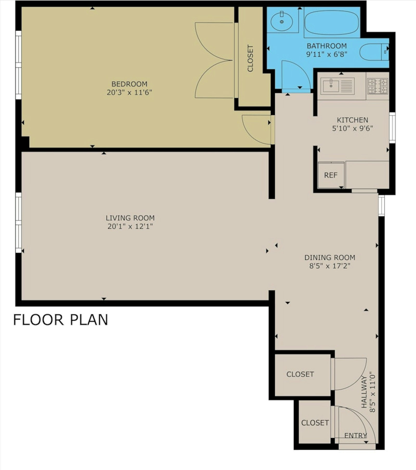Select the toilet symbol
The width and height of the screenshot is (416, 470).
pyautogui.click(x=373, y=52)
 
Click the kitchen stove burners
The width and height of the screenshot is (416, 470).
pyautogui.click(x=378, y=86)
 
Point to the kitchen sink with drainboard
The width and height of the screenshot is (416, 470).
pyautogui.click(x=337, y=86)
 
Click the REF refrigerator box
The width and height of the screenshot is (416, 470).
pyautogui.click(x=331, y=175)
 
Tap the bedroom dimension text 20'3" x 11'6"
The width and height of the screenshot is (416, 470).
pyautogui.click(x=129, y=92)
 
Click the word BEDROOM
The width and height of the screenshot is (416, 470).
pyautogui.click(x=129, y=84)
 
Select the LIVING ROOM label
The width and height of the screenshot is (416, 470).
pyautogui.click(x=130, y=218)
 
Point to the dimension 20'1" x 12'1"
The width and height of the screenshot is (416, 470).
pyautogui.click(x=130, y=226)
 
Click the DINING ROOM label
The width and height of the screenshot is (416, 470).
pyautogui.click(x=330, y=257)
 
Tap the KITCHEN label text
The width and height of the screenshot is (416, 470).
pyautogui.click(x=352, y=120)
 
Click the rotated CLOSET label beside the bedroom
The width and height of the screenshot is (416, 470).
pyautogui.click(x=250, y=58)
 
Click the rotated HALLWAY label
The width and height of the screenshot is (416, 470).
pyautogui.click(x=364, y=393)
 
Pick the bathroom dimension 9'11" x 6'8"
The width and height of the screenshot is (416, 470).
pyautogui.click(x=327, y=54)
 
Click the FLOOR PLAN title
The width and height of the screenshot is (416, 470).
pyautogui.click(x=61, y=320)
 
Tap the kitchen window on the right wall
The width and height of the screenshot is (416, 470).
pyautogui.click(x=392, y=128)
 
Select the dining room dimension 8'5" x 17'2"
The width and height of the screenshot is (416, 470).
pyautogui.click(x=330, y=266)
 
